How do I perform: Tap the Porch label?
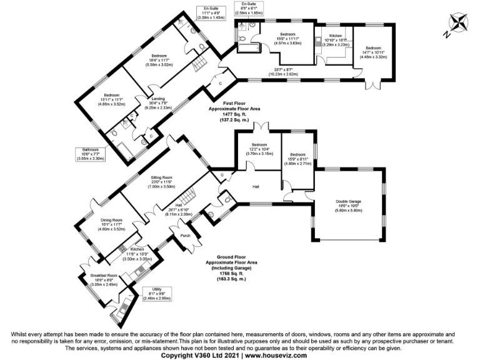point(186,236)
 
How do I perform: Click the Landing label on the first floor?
point(157,98)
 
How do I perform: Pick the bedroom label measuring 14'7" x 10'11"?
point(373,48)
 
